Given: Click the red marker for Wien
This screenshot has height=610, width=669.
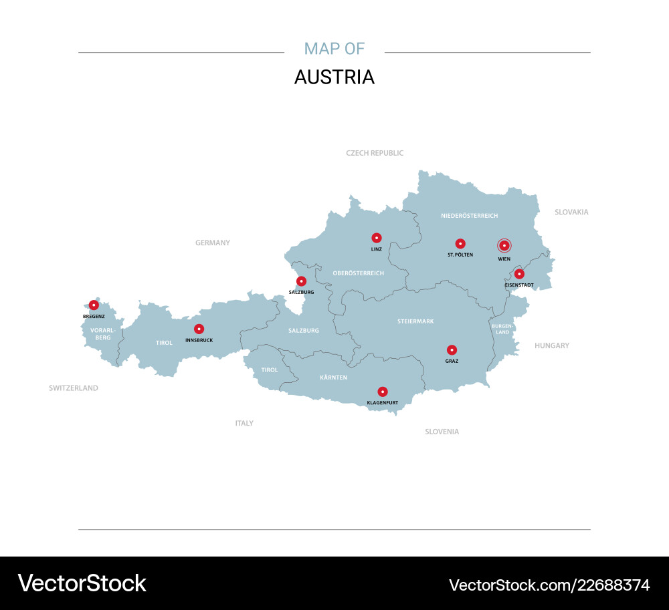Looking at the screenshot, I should pyautogui.click(x=504, y=245).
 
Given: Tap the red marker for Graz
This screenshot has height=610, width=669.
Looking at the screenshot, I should pyautogui.click(x=452, y=349).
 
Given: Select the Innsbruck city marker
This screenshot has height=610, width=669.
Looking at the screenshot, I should pyautogui.click(x=199, y=329).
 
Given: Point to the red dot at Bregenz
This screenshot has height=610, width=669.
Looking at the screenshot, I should pyautogui.click(x=94, y=305).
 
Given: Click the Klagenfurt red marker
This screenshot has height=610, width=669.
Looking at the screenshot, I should pyautogui.click(x=382, y=392).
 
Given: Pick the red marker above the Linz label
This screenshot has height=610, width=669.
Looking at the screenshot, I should pyautogui.click(x=377, y=237).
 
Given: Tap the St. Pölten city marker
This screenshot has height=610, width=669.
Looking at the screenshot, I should pyautogui.click(x=460, y=244).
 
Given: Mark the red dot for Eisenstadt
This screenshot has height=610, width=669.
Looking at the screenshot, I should pyautogui.click(x=519, y=274).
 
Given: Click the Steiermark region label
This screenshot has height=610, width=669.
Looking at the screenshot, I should pyautogui.click(x=415, y=321).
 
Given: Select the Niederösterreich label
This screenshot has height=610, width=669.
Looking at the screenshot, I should pyautogui.click(x=469, y=216).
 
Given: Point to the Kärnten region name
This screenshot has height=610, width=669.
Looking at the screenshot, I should pyautogui.click(x=333, y=378).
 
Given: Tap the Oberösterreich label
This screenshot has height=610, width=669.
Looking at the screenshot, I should pyautogui.click(x=358, y=273).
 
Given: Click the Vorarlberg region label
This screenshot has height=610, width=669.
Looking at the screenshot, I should pyautogui.click(x=103, y=333).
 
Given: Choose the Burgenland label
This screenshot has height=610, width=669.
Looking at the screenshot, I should pyautogui.click(x=502, y=329).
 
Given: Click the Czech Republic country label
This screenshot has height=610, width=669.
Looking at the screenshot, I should pyautogui.click(x=375, y=153).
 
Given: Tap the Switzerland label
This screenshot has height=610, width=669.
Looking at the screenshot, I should pyautogui.click(x=74, y=388).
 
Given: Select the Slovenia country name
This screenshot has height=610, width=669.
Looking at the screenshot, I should pyautogui.click(x=442, y=432).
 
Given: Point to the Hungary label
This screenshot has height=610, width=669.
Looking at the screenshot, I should pyautogui.click(x=552, y=345).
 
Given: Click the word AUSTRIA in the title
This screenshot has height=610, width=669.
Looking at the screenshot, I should pyautogui.click(x=334, y=78).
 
